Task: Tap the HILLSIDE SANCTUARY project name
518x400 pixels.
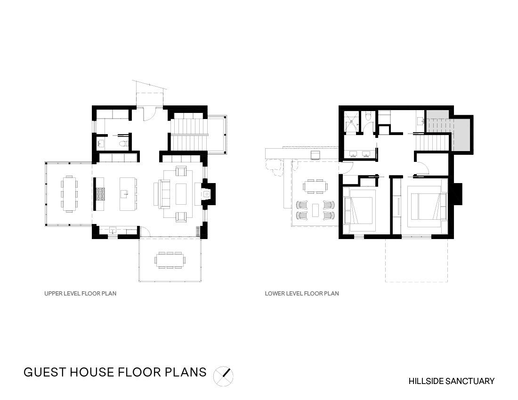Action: pos(451,381)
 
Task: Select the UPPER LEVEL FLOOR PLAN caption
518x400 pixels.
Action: pos(80,293)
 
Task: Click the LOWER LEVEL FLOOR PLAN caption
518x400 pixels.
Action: pos(302,293)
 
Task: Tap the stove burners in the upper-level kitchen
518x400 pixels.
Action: pos(100,194)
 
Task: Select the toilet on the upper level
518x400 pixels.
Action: pos(123,144)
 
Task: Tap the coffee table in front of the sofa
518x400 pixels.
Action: pos(181,194)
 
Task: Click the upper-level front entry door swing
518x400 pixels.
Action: pos(149,114)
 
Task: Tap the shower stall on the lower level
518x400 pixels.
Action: pos(352,122)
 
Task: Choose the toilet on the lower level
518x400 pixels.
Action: pos(369,117)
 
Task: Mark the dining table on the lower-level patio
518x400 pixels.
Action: pos(315,186)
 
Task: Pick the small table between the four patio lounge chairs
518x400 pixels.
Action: pos(315,210)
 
